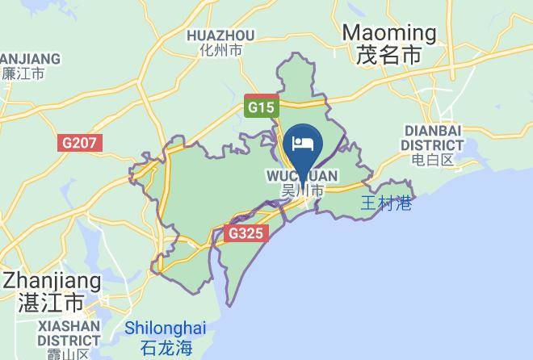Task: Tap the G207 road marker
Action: [x=80, y=143]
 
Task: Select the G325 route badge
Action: [x=244, y=233]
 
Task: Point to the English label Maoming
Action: [x=389, y=33]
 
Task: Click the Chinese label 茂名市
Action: [x=389, y=56]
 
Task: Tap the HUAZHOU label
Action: [x=220, y=36]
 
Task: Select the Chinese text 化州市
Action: [x=220, y=50]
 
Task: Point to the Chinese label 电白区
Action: [x=434, y=161]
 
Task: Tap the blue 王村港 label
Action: [x=386, y=203]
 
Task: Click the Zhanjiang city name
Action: [x=52, y=282]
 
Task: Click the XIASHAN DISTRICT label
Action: [x=68, y=333]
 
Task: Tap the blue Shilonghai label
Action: [x=166, y=329]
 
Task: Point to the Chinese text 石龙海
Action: [x=166, y=349]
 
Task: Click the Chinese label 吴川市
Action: [x=302, y=191]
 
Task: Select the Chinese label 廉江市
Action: [x=23, y=73]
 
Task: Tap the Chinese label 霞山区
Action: [x=68, y=354]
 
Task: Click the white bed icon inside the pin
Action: [x=302, y=144]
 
